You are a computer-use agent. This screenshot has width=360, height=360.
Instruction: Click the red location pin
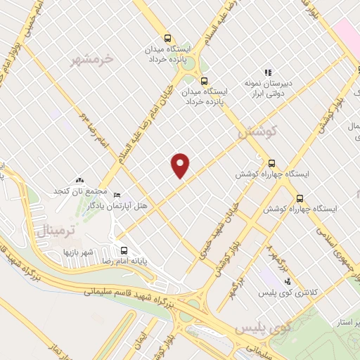(181, 165)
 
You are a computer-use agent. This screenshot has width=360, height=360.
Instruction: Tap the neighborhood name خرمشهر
(92, 59)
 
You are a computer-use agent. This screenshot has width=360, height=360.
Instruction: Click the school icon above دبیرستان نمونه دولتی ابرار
(267, 72)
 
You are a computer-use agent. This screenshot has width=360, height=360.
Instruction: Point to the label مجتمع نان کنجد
(83, 192)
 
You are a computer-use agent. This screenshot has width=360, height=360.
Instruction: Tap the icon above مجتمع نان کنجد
(79, 181)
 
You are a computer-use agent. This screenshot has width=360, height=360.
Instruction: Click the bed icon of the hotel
(117, 195)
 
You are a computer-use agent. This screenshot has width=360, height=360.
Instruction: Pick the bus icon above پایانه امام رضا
(124, 250)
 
